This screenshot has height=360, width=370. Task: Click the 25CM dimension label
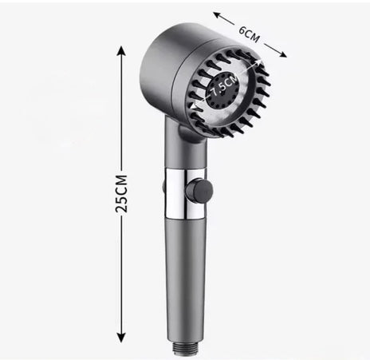click(121, 193)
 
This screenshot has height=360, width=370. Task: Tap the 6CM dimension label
click(249, 34)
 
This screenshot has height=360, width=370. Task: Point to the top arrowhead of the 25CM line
click(121, 51)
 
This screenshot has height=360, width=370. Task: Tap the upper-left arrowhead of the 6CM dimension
click(218, 15)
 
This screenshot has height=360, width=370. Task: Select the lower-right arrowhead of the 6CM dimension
click(281, 53)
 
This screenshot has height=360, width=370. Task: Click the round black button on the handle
click(199, 189)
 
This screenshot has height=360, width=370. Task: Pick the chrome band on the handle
click(185, 193)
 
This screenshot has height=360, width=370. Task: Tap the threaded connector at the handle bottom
click(186, 348)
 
